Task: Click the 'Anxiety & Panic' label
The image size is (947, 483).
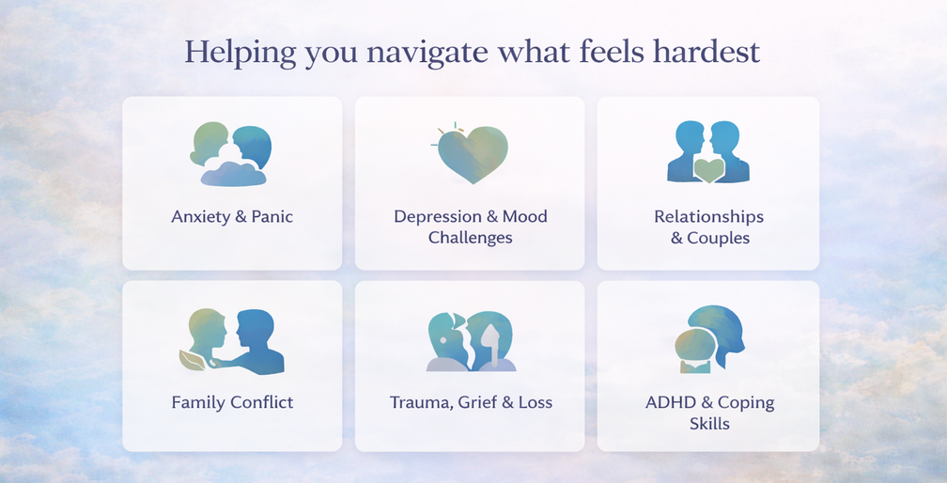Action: coord(232,217)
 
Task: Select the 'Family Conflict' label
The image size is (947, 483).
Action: coord(233,402)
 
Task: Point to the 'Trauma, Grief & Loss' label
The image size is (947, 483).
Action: coord(471,402)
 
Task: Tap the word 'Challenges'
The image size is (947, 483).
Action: coord(471,238)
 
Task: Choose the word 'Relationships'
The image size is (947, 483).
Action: coord(709,217)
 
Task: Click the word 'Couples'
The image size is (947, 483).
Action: coord(719,238)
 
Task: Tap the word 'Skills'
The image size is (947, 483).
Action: coord(709,423)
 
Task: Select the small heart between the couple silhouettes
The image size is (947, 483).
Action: coord(709,171)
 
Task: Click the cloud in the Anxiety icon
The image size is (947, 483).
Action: coord(233,174)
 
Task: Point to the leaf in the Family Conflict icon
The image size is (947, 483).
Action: coord(192,360)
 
